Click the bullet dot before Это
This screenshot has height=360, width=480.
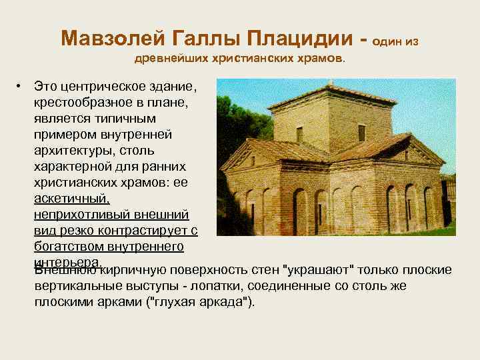[21, 87]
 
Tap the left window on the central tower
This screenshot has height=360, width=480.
[299, 134]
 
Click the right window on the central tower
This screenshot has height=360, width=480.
[361, 132]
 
